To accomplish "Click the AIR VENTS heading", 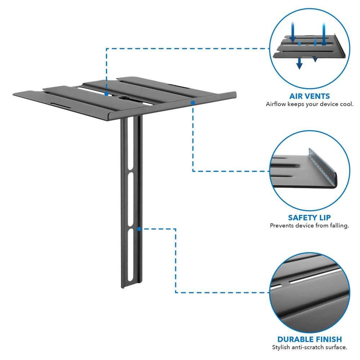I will click(x=309, y=96).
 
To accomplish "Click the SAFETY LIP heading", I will click(x=309, y=217).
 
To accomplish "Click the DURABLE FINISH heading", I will click(x=309, y=339).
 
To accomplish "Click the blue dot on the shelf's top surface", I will click(x=107, y=94).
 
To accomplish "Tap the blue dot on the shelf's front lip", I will click(x=193, y=103).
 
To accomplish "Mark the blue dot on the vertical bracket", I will click(x=138, y=228).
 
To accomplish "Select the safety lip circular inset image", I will click(x=309, y=171).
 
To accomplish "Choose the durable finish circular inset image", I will click(x=309, y=292).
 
